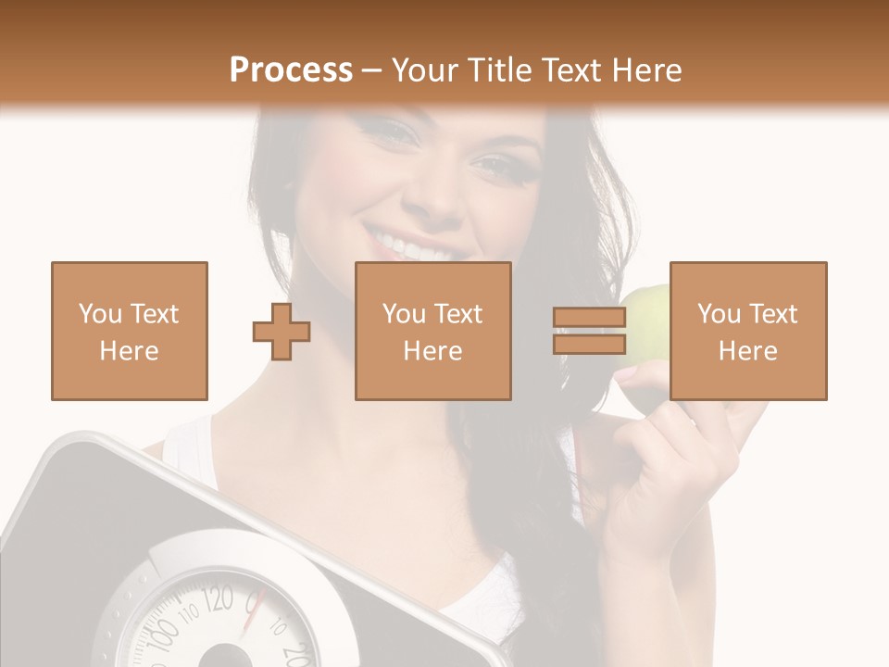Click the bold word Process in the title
coord(291,69)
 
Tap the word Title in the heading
coord(501,69)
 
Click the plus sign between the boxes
coord(282,331)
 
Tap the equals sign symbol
coord(589,331)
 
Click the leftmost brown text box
coord(130,331)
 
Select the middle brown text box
coord(433,331)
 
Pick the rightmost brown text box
coord(748,331)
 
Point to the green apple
coord(648,320)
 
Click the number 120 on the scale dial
coord(219,600)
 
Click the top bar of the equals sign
coord(589,318)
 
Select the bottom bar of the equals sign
coord(589,344)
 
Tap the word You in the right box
coord(719,314)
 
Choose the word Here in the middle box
coord(433,351)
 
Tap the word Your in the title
coord(429,69)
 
